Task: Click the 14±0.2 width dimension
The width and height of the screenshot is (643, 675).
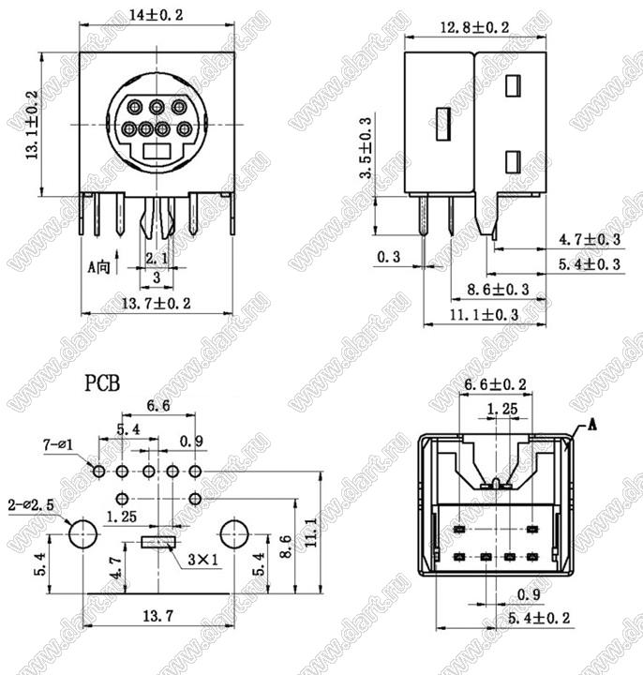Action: [157, 15]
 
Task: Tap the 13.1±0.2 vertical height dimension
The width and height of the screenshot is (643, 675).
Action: [32, 125]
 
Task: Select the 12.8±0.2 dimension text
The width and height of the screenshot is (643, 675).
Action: [474, 28]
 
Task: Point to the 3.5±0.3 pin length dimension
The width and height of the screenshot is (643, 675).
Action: [366, 148]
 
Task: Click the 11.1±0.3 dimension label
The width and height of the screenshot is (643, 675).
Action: [485, 315]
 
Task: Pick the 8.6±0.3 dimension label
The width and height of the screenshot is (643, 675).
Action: [498, 290]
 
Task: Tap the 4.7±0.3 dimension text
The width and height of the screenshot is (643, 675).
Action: [590, 239]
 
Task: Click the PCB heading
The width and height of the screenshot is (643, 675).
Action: [102, 383]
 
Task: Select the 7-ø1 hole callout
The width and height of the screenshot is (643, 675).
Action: [58, 444]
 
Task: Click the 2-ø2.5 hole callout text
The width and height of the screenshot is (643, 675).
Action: [31, 505]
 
